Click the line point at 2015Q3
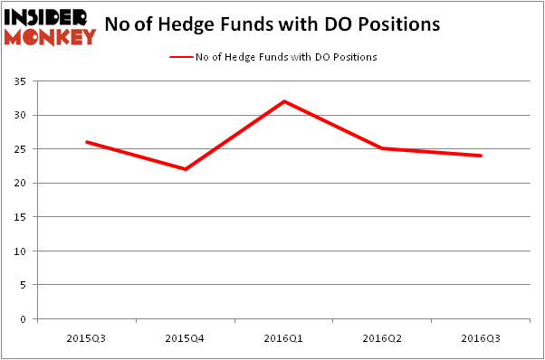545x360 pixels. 86,142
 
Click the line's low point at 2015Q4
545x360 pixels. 186,169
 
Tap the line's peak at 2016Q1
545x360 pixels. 284,101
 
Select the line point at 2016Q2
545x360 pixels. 383,148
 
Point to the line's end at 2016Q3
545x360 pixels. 482,156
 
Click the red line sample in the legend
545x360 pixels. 181,56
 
